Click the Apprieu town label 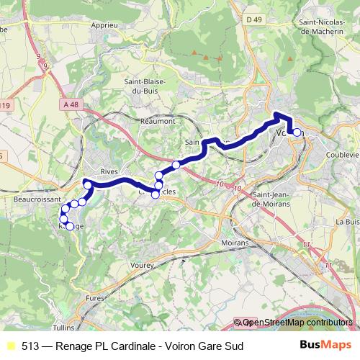104,24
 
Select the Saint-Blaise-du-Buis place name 146,86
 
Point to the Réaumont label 158,121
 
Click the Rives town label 109,171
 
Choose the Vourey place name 143,265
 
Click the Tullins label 63,326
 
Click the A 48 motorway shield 70,104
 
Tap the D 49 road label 253,19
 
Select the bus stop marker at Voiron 297,132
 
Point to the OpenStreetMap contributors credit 297,323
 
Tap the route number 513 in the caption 31,346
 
